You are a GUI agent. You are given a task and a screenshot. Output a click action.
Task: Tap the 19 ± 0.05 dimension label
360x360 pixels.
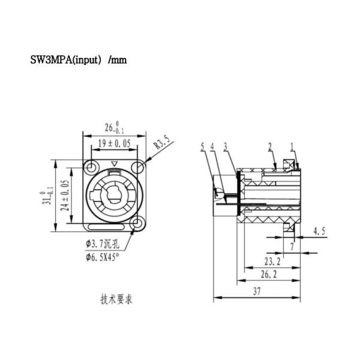(113, 143)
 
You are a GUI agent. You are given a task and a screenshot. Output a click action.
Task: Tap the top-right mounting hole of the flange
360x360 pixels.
(137, 166)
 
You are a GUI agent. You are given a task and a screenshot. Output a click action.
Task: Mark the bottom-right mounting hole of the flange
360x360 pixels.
(137, 224)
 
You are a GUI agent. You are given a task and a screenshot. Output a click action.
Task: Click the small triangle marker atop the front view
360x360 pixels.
(114, 164)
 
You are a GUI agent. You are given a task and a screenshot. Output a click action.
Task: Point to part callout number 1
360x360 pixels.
(292, 146)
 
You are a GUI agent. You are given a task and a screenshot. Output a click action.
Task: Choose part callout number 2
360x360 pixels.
(271, 146)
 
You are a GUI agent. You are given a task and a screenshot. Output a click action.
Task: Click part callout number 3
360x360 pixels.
(224, 146)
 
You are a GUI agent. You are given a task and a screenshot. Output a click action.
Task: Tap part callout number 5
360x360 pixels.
(203, 146)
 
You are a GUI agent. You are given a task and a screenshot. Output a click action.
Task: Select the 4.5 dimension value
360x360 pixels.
(320, 231)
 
